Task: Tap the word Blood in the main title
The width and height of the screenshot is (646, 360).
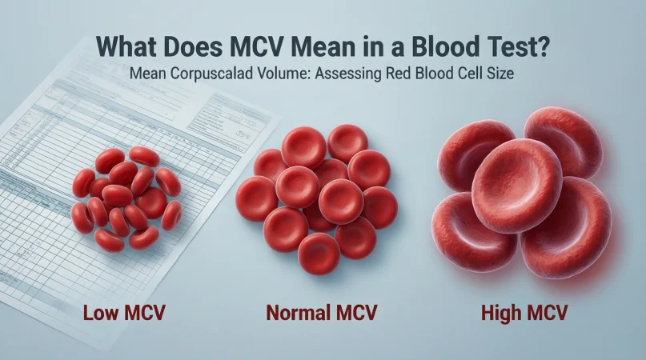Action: (441, 45)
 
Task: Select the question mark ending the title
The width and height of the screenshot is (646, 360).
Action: (543, 45)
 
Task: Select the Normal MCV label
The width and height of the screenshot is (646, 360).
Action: (320, 311)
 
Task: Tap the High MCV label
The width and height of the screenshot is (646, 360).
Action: (524, 311)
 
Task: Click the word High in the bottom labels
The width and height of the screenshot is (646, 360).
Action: (500, 311)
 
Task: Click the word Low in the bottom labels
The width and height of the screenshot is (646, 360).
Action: (100, 311)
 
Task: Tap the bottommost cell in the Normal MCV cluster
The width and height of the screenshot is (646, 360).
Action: (319, 253)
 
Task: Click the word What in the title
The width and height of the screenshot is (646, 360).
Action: (126, 45)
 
